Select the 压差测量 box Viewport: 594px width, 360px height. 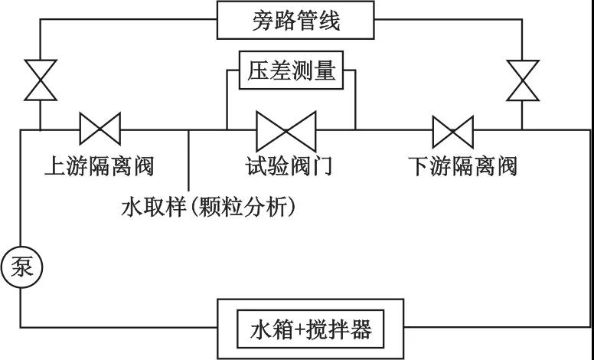click(292, 71)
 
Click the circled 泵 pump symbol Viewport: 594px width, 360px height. click(21, 267)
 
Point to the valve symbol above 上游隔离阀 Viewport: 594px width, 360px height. click(100, 129)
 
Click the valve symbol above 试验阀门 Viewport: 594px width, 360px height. click(286, 130)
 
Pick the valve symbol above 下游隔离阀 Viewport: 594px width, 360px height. click(453, 130)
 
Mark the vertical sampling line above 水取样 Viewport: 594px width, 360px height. click(189, 161)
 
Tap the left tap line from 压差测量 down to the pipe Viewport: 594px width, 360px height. click(227, 100)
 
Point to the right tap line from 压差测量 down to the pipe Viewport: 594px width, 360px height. click(355, 100)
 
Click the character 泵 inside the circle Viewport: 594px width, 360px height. click(21, 267)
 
